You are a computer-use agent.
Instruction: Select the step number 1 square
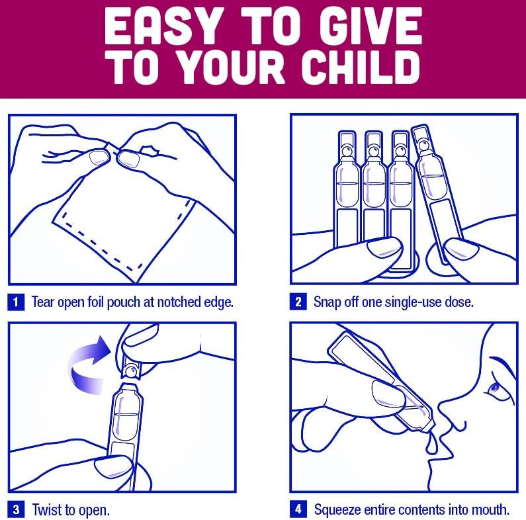click(x=16, y=302)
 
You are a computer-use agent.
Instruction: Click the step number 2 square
click(x=298, y=302)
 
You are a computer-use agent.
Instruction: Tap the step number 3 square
click(x=16, y=509)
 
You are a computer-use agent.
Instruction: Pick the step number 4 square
click(x=298, y=509)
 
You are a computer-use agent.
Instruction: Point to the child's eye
click(x=494, y=389)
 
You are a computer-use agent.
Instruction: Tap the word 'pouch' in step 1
click(x=123, y=302)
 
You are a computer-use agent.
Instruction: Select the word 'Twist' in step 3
click(x=46, y=510)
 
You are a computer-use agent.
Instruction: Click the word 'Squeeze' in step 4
click(x=337, y=510)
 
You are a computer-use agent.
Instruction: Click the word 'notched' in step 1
click(x=175, y=302)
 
